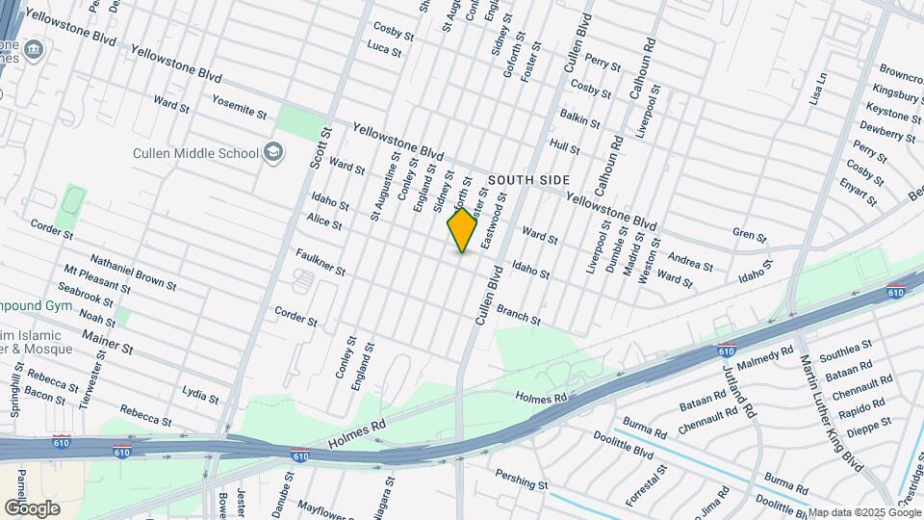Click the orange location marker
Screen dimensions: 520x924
[x=463, y=230]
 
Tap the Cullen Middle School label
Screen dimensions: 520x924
[x=196, y=153]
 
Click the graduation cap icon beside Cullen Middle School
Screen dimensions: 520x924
[x=273, y=152]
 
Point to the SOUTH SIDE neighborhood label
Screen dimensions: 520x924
[x=528, y=180]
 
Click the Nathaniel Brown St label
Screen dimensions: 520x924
[x=134, y=273]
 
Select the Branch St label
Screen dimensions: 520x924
[x=519, y=314]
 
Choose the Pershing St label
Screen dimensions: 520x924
[x=521, y=478]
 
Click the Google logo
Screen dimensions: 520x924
[x=32, y=507]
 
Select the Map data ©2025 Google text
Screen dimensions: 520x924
[x=864, y=512]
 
